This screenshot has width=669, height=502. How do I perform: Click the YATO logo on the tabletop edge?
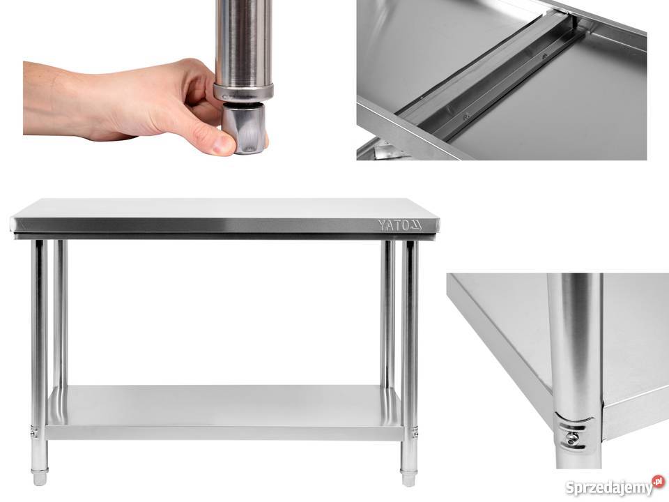pos(399,225)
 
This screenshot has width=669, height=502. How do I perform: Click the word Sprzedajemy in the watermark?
pos(608,487)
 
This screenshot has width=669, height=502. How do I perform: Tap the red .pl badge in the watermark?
pos(659,480)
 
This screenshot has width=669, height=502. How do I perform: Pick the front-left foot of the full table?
pos(40,478)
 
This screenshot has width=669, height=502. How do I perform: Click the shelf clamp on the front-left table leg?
pos(35,432)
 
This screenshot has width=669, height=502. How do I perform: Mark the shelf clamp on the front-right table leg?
pos(413,432)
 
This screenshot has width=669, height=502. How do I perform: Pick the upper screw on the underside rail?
pos(544,56)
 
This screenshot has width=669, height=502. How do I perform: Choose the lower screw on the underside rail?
pos(466,115)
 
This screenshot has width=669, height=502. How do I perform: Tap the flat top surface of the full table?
pos(225,208)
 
